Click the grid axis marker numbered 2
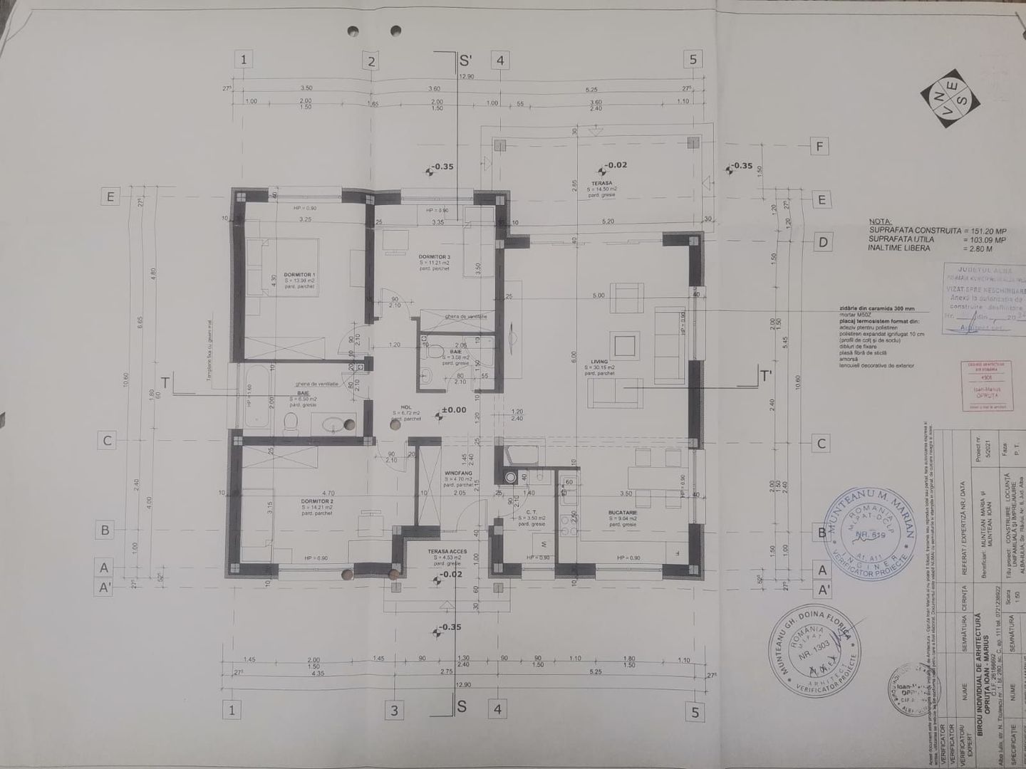pyautogui.click(x=370, y=61)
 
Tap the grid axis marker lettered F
pyautogui.click(x=820, y=147)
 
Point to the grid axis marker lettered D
pyautogui.click(x=822, y=242)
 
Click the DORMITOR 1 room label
pyautogui.click(x=299, y=274)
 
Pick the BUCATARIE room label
pyautogui.click(x=623, y=513)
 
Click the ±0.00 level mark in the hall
pyautogui.click(x=453, y=410)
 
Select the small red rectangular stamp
pyautogui.click(x=983, y=385)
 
